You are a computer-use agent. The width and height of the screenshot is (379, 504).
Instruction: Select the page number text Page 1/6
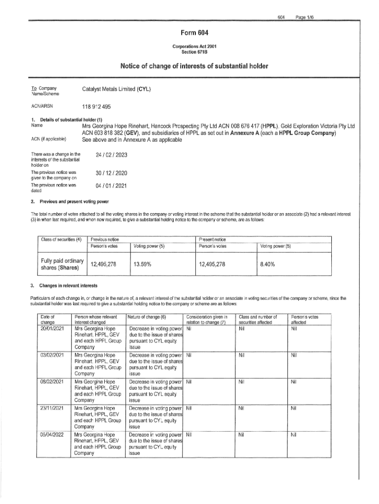click(x=305, y=17)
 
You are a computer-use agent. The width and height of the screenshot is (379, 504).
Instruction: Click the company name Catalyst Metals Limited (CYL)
click(x=116, y=90)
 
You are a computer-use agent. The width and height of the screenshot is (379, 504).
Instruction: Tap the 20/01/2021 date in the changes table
click(x=54, y=328)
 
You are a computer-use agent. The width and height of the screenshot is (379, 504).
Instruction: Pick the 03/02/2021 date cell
click(x=54, y=354)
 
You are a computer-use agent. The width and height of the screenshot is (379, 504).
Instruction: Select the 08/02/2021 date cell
click(x=54, y=381)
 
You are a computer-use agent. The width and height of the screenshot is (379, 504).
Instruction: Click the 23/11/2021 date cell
click(x=54, y=408)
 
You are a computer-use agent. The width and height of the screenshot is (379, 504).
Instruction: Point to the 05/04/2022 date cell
click(x=54, y=435)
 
